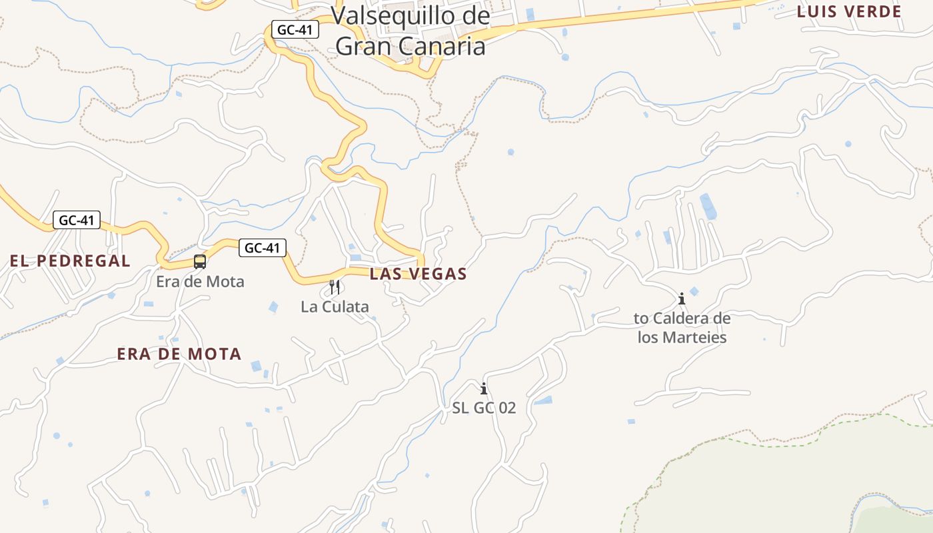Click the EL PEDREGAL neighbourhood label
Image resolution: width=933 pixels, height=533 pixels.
click(x=70, y=261)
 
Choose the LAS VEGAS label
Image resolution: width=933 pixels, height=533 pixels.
click(x=418, y=274)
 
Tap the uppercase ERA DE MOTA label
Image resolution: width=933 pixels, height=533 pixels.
click(x=179, y=354)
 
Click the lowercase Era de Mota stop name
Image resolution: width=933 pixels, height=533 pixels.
click(x=200, y=282)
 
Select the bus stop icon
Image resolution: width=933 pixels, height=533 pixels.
click(x=200, y=262)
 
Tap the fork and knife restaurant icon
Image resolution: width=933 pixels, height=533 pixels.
click(x=335, y=287)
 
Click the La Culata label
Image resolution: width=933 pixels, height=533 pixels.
click(x=335, y=307)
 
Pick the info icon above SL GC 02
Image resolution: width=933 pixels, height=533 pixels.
click(x=484, y=388)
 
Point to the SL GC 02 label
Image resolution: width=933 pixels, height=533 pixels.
click(x=484, y=408)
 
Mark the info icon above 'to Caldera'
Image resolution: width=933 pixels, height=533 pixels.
click(x=681, y=298)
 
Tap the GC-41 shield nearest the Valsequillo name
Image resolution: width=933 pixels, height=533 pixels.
click(x=295, y=30)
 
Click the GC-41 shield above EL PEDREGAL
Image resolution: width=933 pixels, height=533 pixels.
click(x=77, y=220)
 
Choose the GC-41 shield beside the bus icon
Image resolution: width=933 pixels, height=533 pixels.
click(x=263, y=248)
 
